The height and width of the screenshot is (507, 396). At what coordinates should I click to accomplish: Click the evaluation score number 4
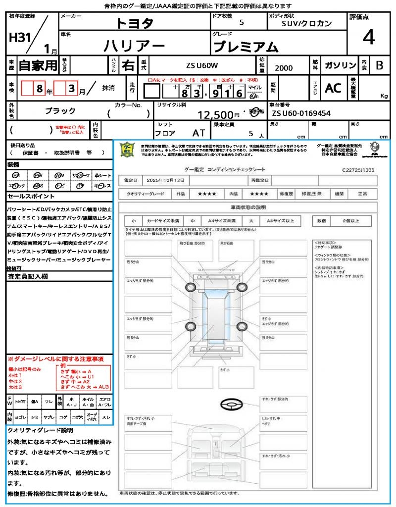click(x=368, y=38)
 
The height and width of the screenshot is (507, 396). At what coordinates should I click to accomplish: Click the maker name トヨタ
click(x=135, y=23)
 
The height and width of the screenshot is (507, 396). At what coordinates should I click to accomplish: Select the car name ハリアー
click(x=134, y=46)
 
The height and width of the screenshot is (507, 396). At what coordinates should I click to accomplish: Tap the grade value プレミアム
click(x=246, y=47)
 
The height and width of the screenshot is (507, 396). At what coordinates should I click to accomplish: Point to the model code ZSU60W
click(x=202, y=65)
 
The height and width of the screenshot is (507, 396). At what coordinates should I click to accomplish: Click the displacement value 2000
click(x=284, y=68)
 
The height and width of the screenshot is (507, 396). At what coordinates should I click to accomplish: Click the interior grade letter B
click(x=379, y=65)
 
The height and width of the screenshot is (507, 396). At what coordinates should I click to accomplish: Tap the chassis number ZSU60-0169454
click(x=301, y=113)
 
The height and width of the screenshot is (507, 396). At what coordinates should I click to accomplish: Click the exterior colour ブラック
click(x=60, y=111)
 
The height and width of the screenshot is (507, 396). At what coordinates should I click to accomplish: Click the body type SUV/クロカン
click(x=307, y=23)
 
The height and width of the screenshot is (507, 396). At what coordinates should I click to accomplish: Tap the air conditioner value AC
click(x=333, y=88)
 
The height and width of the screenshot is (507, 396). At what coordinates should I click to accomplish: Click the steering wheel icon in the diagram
click(x=231, y=405)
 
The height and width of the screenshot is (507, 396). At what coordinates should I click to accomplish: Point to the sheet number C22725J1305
click(x=358, y=170)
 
